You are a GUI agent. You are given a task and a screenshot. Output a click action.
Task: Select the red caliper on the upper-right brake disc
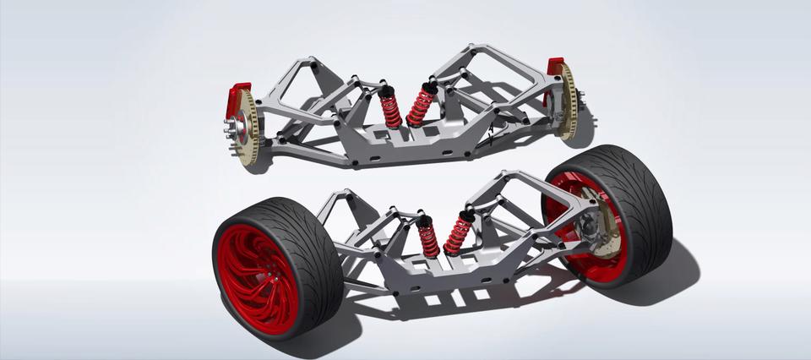tap(555, 73)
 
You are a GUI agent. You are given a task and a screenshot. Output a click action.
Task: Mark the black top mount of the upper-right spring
tap(430, 86)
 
